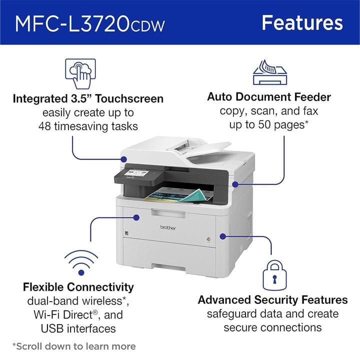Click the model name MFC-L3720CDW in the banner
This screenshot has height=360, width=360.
tap(90, 23)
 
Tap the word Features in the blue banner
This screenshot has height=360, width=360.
tap(302, 22)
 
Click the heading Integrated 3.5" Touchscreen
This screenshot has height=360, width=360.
tap(88, 98)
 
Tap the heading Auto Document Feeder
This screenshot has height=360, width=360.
tap(269, 96)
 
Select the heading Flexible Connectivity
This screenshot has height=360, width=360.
tap(78, 287)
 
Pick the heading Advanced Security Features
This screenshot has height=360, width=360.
tap(272, 300)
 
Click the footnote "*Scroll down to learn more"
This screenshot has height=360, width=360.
tap(73, 346)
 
